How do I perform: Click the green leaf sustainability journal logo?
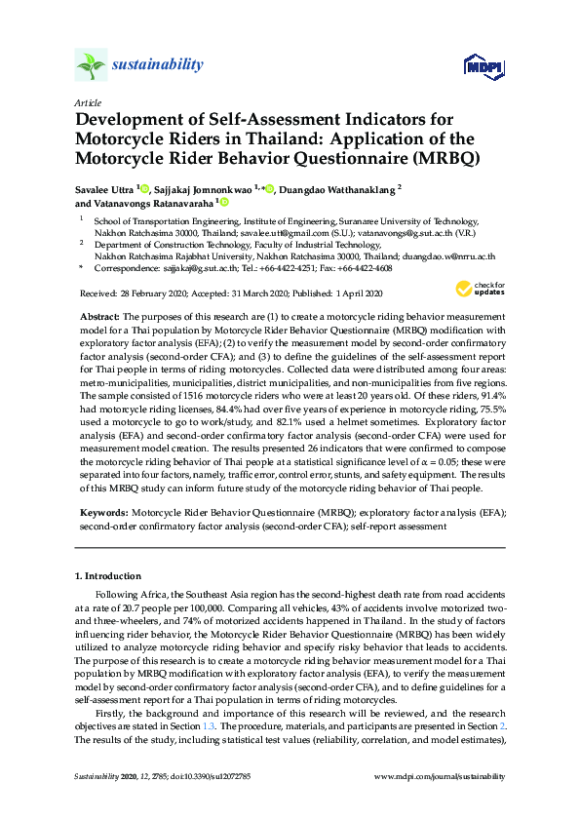coord(91,65)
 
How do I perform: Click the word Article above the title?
coord(87,101)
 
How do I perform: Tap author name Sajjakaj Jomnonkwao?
coord(206,188)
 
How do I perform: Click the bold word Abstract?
coord(97,317)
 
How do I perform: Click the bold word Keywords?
coord(101,510)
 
